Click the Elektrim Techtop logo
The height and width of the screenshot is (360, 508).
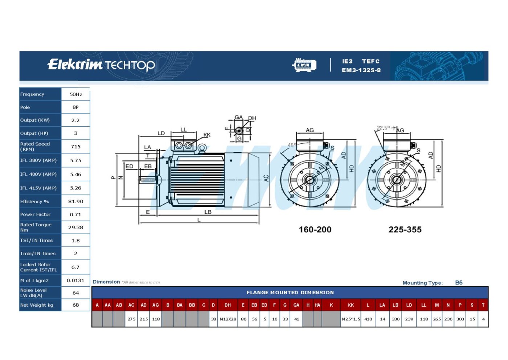[x=101, y=65]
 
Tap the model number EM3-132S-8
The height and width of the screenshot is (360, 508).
[x=361, y=70]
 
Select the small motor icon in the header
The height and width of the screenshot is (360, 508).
[x=304, y=65]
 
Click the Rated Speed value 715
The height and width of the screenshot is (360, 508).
[x=75, y=147]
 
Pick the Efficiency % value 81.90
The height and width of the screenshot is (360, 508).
[x=75, y=201]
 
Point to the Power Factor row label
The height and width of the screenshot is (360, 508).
[x=35, y=214]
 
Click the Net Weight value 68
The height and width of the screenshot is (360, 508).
[x=75, y=305]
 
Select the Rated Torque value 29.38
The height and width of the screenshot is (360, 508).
[x=75, y=227]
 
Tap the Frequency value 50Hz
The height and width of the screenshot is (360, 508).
[x=76, y=94]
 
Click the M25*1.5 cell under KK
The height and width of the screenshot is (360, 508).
[x=351, y=319]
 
